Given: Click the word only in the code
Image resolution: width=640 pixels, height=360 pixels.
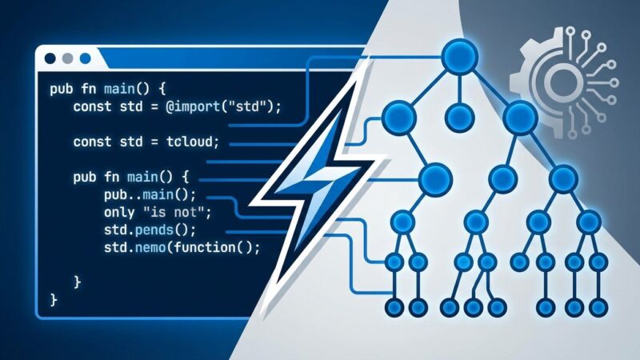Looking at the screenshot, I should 118,213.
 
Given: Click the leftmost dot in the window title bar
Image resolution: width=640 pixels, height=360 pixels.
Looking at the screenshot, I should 50,59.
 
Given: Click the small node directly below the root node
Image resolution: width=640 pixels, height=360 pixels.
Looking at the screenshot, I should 459,117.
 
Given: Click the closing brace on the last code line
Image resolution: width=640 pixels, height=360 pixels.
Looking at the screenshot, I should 54,300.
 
